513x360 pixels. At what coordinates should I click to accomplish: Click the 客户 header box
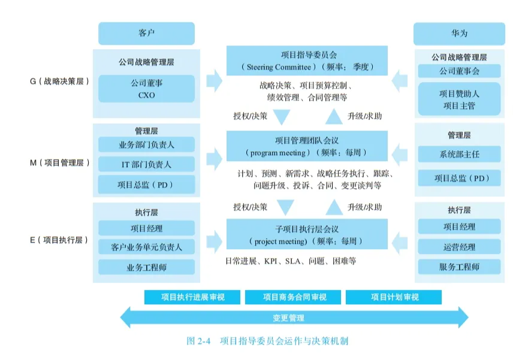[146, 33]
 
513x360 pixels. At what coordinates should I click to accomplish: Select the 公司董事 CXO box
[146, 89]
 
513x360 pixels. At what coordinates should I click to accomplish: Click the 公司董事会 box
[458, 72]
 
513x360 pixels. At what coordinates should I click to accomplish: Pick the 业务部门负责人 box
[146, 144]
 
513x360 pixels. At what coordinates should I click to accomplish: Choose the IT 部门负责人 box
[146, 164]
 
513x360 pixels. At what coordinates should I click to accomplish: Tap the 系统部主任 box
[458, 155]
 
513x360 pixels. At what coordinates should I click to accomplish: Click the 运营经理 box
[458, 247]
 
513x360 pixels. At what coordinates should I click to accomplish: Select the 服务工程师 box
[458, 267]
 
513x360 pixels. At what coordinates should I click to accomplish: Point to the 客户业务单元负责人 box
[146, 247]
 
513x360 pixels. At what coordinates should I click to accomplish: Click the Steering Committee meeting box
[307, 60]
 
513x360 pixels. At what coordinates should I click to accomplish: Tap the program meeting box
[307, 147]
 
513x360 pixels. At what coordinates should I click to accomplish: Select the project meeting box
[307, 234]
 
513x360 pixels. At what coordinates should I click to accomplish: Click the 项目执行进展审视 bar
[192, 297]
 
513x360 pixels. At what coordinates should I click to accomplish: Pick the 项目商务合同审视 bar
[294, 297]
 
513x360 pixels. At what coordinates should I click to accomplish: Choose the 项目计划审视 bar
[394, 297]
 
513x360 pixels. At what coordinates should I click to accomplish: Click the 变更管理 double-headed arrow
[294, 317]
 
